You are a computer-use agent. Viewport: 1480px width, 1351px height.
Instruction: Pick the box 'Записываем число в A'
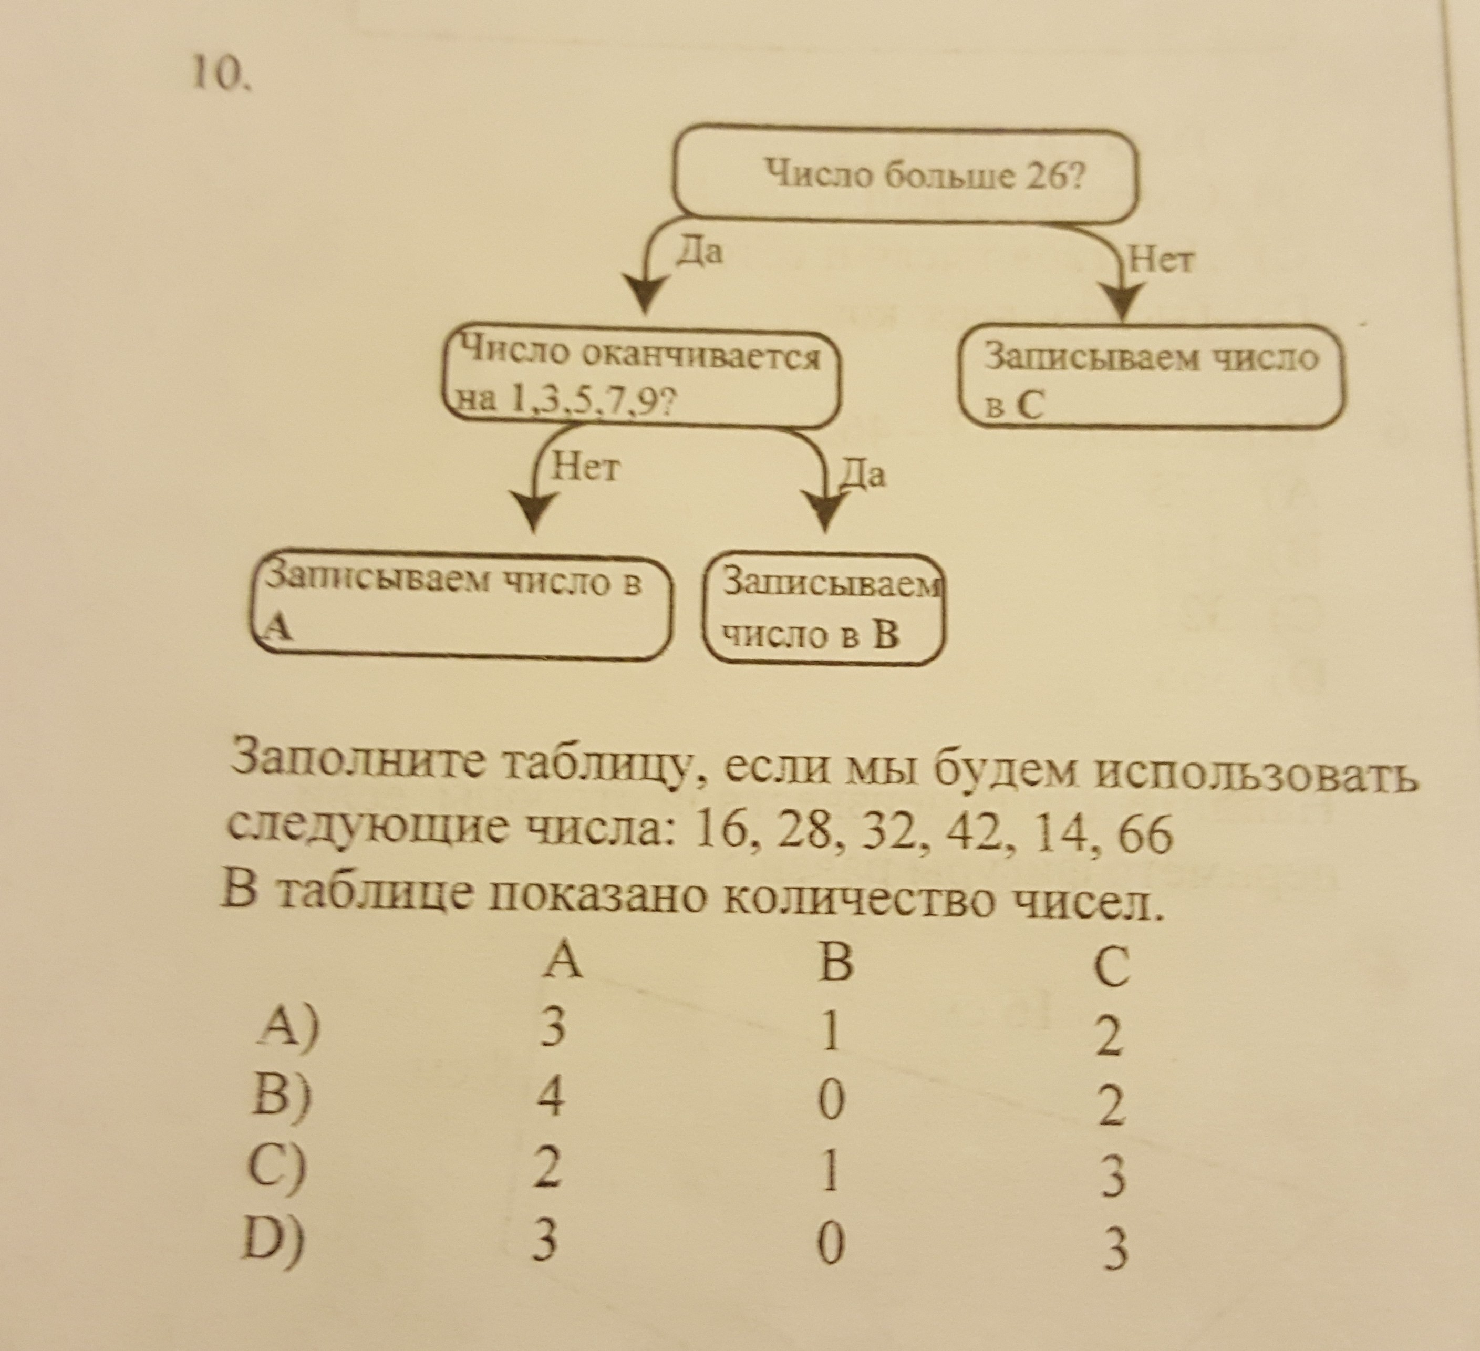click(x=460, y=606)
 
